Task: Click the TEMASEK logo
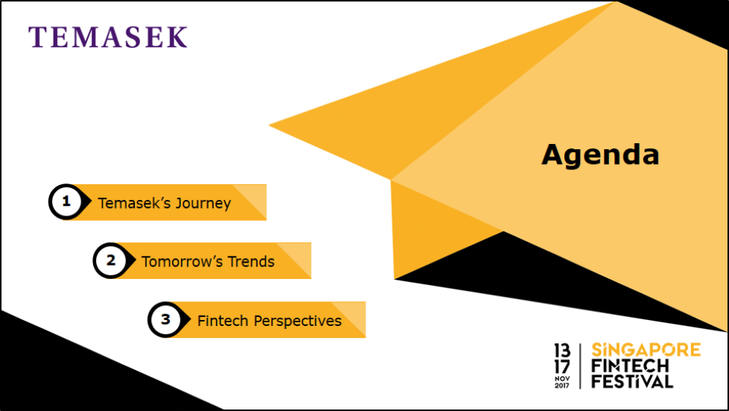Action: (108, 37)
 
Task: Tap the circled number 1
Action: (66, 201)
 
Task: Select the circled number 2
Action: (110, 260)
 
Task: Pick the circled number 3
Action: (165, 319)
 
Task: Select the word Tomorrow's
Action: (182, 262)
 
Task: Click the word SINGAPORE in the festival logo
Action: (646, 350)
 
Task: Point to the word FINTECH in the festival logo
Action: (630, 365)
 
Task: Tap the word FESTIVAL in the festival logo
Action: (632, 382)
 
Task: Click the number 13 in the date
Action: (562, 350)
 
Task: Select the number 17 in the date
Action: (562, 366)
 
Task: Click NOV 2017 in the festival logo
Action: (562, 382)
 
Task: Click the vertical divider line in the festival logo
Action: (580, 365)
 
